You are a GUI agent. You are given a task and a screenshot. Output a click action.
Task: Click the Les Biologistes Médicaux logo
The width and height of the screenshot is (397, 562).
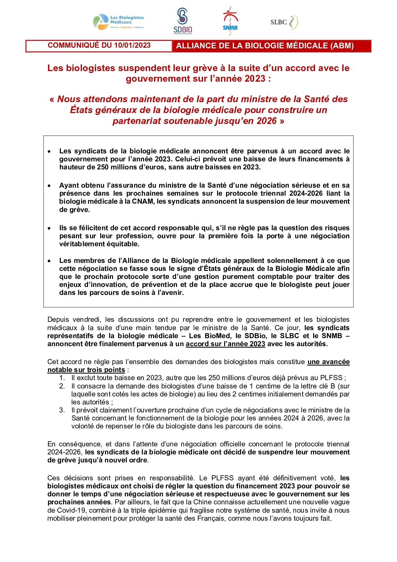pyautogui.click(x=118, y=22)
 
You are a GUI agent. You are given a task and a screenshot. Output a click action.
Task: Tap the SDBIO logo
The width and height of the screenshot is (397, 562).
pyautogui.click(x=183, y=21)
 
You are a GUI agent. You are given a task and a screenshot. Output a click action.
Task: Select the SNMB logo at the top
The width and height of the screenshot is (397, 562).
pyautogui.click(x=230, y=20)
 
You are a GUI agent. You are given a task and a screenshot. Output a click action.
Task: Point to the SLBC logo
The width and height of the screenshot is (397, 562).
pyautogui.click(x=284, y=22)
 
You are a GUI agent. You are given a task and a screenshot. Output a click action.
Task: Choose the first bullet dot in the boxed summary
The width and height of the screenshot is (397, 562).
pyautogui.click(x=49, y=151)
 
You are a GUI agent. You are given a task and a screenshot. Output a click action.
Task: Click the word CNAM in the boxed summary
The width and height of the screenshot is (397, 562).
pyautogui.click(x=142, y=201)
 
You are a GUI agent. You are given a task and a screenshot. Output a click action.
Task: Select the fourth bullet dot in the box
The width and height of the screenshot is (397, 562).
pyautogui.click(x=49, y=261)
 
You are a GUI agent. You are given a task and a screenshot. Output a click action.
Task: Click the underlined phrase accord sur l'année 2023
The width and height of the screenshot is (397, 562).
pyautogui.click(x=225, y=344)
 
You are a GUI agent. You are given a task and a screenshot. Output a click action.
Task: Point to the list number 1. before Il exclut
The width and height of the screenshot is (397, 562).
pyautogui.click(x=62, y=378)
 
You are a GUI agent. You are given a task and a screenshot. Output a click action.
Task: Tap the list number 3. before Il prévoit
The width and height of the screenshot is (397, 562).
pyautogui.click(x=62, y=410)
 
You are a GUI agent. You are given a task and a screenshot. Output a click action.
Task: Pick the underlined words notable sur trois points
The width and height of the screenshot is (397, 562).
pyautogui.click(x=86, y=370)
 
